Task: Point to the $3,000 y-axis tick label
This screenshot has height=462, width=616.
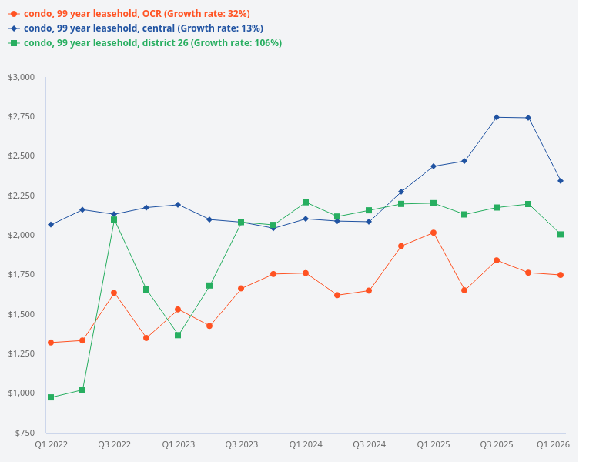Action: coord(22,77)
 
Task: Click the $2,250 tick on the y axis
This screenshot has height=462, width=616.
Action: coord(22,196)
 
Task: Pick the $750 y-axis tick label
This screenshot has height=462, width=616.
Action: coord(25,433)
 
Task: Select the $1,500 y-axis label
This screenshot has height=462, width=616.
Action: coord(22,314)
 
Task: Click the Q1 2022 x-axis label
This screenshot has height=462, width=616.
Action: coord(51,445)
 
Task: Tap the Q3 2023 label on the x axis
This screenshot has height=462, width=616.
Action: coord(242,445)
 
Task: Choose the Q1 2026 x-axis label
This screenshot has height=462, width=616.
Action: coord(553,445)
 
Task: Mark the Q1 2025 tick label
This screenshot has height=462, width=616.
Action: coord(433,445)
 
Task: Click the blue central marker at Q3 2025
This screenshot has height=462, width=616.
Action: coord(497,117)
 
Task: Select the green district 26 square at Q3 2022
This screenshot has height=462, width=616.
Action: coord(114,219)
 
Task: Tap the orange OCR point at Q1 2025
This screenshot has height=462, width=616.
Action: coord(433,233)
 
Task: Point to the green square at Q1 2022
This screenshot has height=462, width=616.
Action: coord(51,397)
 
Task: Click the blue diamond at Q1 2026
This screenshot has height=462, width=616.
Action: coord(561,181)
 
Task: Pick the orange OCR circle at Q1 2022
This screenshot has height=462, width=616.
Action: coord(51,343)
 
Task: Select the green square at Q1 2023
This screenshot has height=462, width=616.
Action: coord(178,335)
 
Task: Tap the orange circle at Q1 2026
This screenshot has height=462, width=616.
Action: coord(561,275)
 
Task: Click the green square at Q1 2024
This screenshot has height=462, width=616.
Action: coord(306,203)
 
